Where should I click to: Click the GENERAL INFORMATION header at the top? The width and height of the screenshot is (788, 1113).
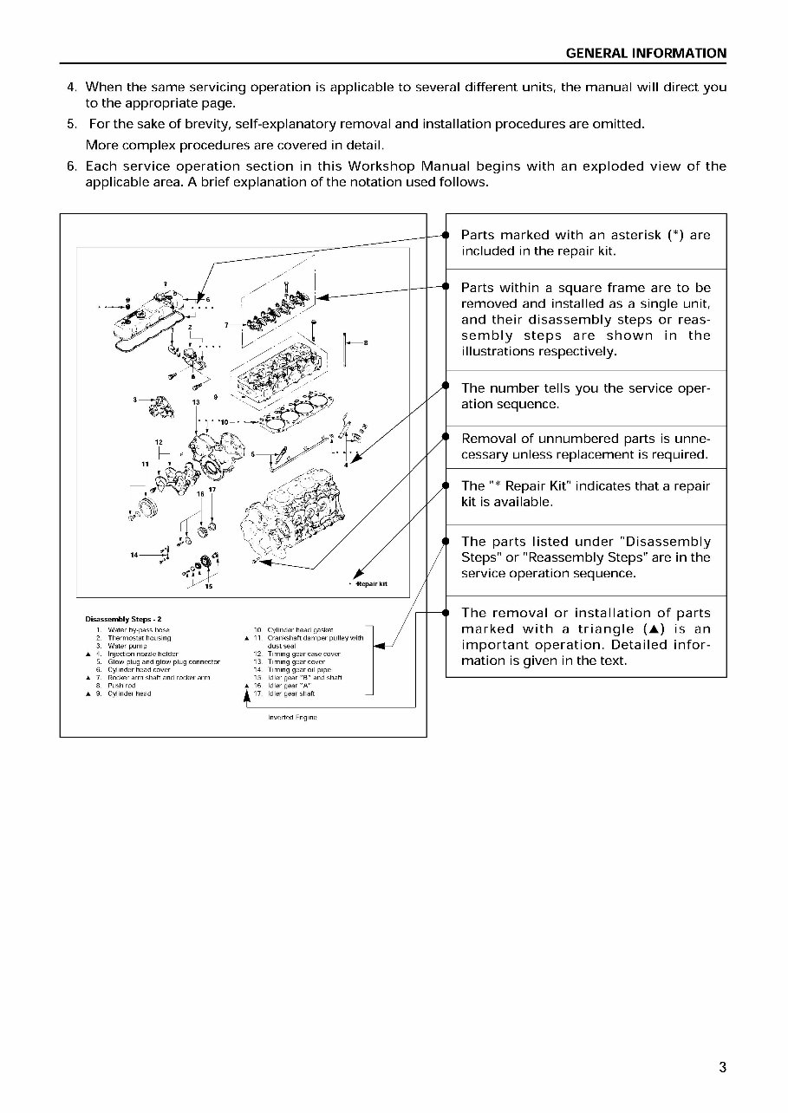pyautogui.click(x=646, y=53)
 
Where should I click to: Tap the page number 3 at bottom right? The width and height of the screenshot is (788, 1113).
pyautogui.click(x=721, y=1067)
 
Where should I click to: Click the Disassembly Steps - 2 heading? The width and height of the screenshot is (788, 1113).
pyautogui.click(x=119, y=619)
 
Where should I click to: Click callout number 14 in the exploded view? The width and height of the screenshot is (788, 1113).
pyautogui.click(x=136, y=554)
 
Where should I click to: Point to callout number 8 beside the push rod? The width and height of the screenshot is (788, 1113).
pyautogui.click(x=366, y=342)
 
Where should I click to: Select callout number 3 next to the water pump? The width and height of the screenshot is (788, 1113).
pyautogui.click(x=135, y=400)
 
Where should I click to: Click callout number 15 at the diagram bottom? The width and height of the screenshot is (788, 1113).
pyautogui.click(x=209, y=587)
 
